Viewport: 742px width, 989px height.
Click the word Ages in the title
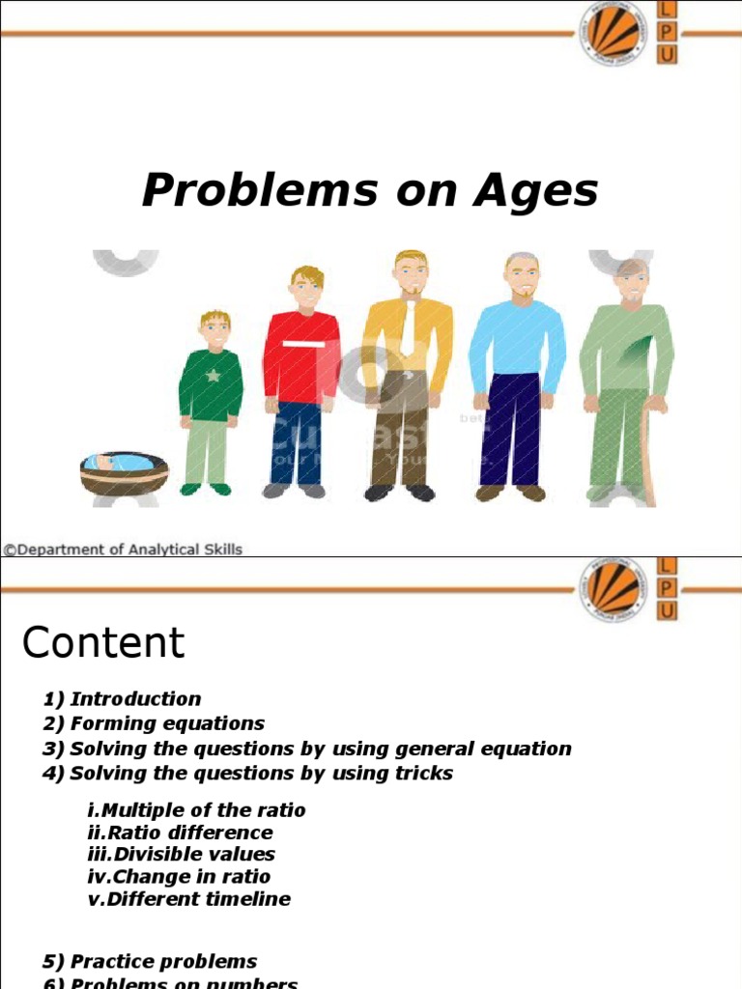point(535,191)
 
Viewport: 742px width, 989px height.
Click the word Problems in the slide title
point(260,190)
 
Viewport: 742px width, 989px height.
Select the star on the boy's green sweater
point(213,375)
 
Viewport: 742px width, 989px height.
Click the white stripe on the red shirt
point(301,343)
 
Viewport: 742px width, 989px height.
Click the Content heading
point(103,643)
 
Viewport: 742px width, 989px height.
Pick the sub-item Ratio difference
point(180,833)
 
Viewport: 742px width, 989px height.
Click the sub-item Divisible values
point(181,855)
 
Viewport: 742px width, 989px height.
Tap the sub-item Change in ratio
point(179,877)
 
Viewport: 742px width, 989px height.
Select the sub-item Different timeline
point(188,899)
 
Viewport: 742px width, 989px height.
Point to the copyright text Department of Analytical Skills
point(123,550)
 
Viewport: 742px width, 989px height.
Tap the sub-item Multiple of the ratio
point(196,810)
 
